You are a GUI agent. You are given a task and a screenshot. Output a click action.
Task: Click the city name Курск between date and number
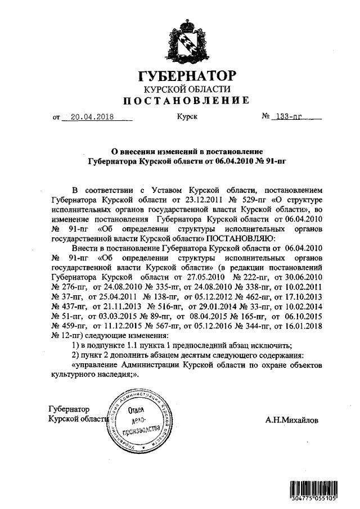[187, 118]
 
